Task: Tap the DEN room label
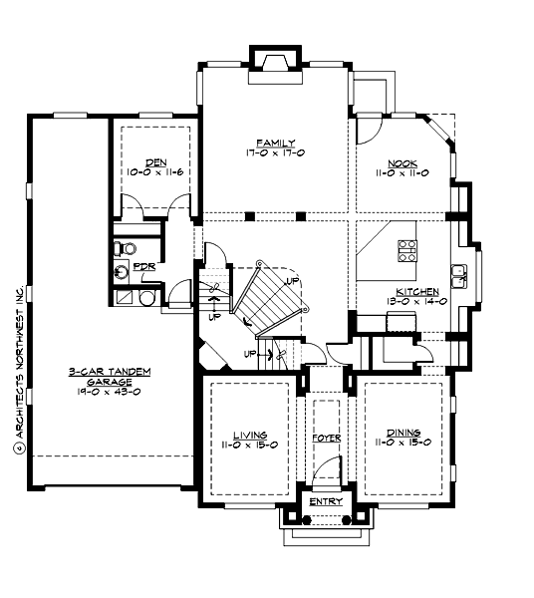[x=154, y=162]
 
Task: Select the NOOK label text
[x=404, y=162]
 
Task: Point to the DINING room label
[x=403, y=434]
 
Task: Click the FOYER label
[x=326, y=438]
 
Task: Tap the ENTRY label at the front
[x=326, y=501]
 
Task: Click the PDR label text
[x=144, y=267]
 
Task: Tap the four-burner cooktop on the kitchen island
[x=408, y=251]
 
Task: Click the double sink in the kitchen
[x=460, y=275]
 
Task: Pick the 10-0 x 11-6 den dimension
[x=154, y=172]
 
